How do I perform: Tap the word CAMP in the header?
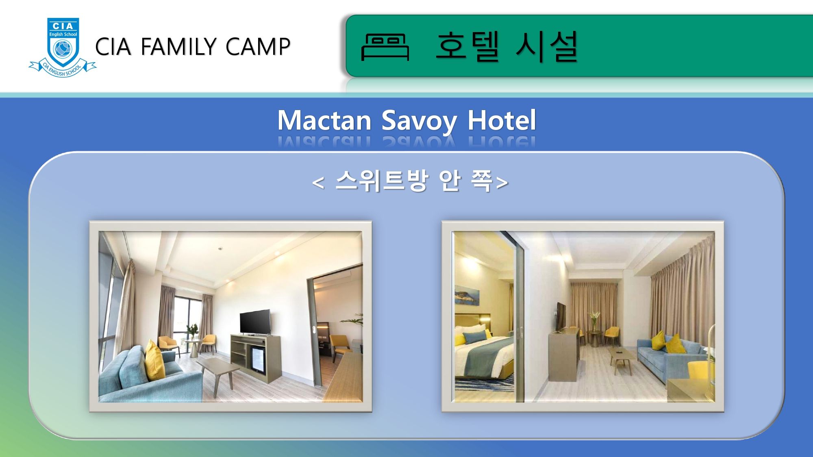(x=258, y=46)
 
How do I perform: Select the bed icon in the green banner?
(x=385, y=47)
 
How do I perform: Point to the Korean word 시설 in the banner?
(x=547, y=46)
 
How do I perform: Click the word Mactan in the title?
(x=324, y=120)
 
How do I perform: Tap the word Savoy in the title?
(x=419, y=121)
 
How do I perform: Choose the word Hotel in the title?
(x=502, y=120)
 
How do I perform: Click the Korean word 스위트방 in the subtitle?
(x=382, y=180)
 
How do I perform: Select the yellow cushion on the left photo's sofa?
(x=155, y=360)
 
